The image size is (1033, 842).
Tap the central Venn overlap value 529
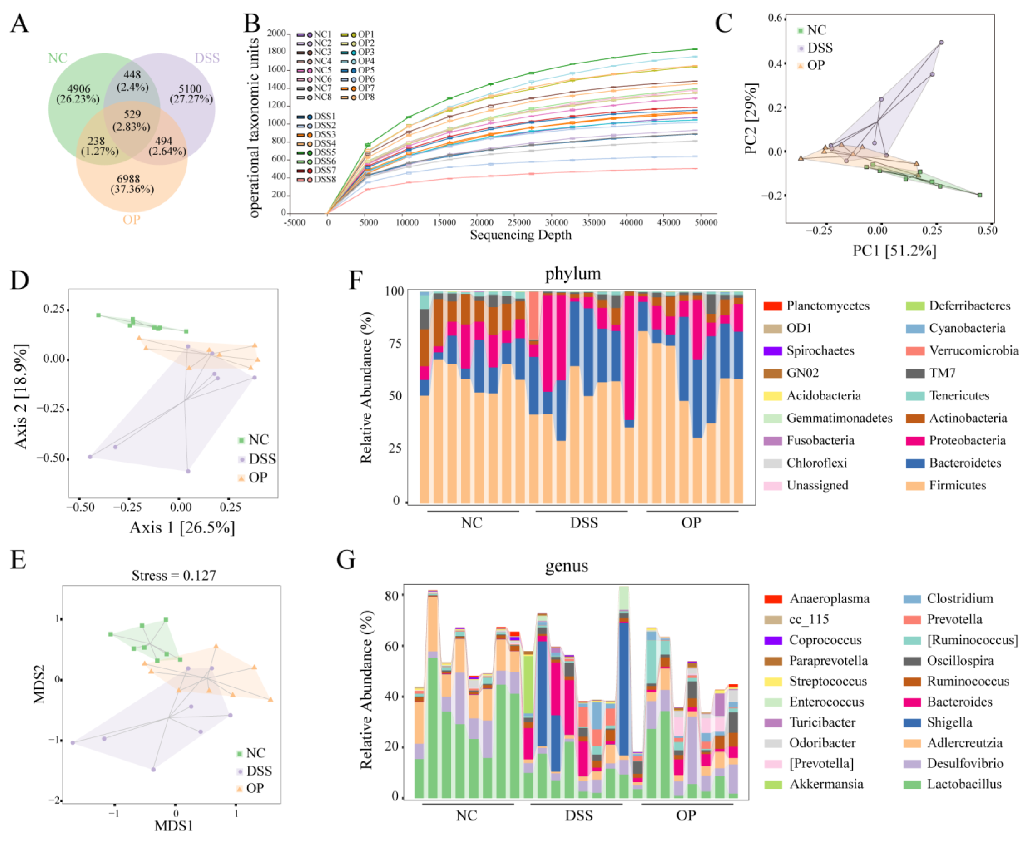click(x=132, y=114)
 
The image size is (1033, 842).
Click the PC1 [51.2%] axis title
click(x=894, y=250)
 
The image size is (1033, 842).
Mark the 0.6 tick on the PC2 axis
click(x=775, y=19)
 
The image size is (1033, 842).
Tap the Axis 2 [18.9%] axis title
click(x=21, y=396)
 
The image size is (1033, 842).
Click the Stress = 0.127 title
click(x=174, y=575)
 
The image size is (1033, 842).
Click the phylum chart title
click(x=572, y=274)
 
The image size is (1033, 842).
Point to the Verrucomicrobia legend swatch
click(x=915, y=351)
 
